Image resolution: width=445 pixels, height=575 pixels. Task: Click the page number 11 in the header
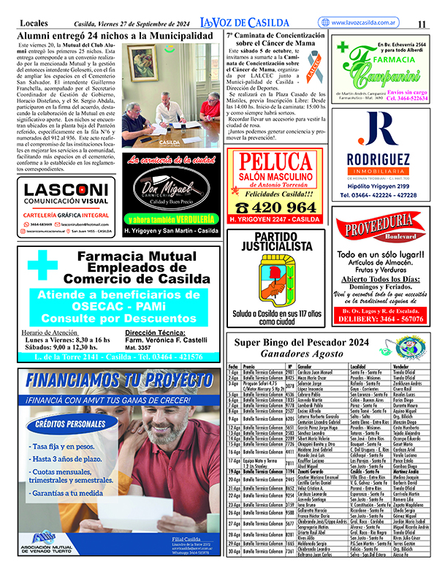click(x=422, y=24)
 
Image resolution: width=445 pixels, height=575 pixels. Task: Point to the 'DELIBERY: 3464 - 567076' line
click(x=379, y=319)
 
